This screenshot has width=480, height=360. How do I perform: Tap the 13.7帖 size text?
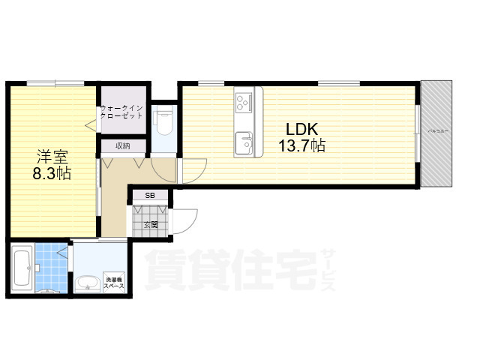click(x=302, y=145)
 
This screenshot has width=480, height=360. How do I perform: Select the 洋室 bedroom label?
click(x=52, y=157)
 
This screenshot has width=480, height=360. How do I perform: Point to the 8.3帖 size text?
click(x=52, y=175)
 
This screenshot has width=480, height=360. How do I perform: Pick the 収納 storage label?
click(x=122, y=146)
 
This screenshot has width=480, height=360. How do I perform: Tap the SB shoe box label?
click(x=151, y=196)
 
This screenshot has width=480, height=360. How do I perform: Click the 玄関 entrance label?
click(x=150, y=223)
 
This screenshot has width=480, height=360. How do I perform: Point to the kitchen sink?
click(x=244, y=142)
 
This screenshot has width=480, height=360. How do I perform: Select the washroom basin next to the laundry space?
click(x=88, y=283)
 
